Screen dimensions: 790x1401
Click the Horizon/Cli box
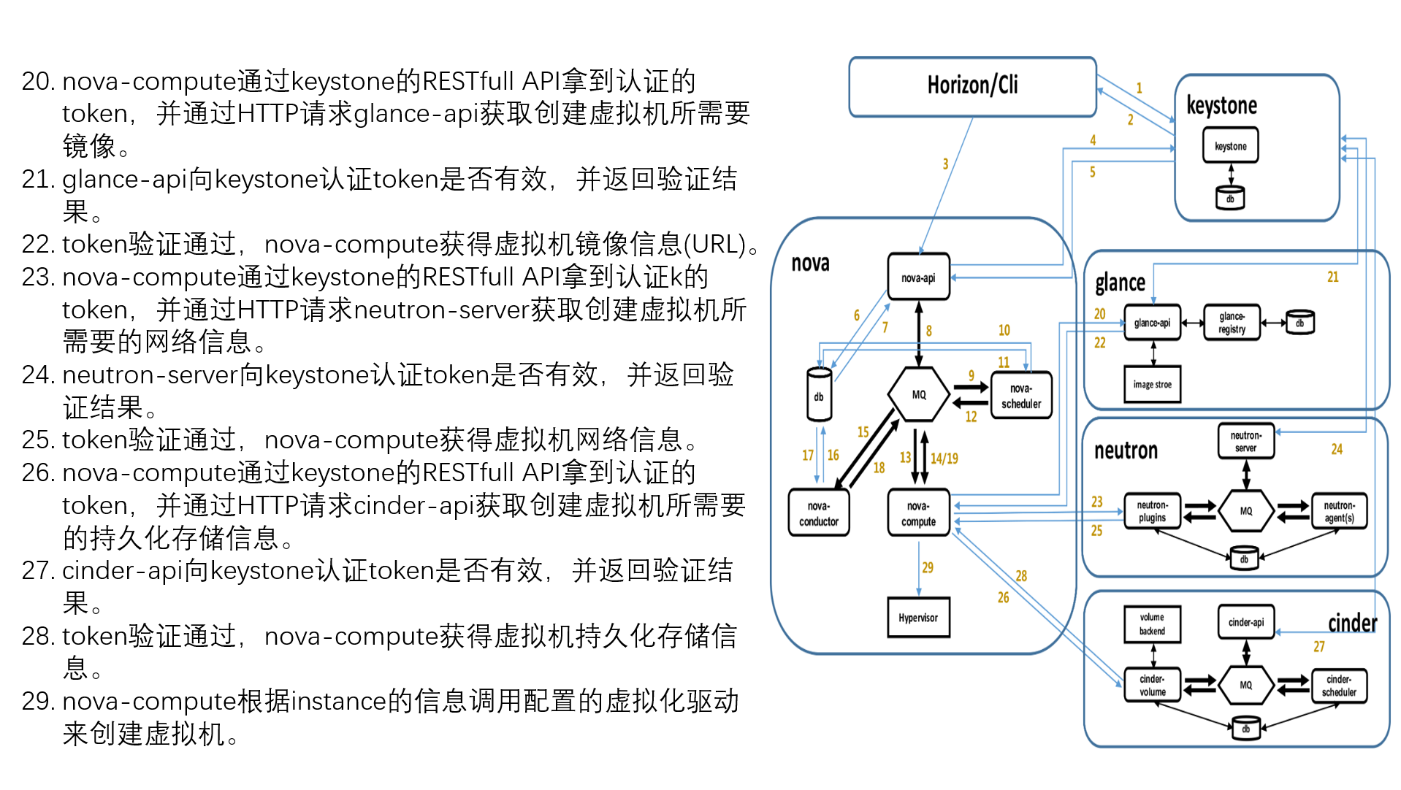971,86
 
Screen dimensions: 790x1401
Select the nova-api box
918,277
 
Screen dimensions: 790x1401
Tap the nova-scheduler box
1021,396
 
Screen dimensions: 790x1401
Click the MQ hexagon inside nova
919,395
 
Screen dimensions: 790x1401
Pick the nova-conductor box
818,514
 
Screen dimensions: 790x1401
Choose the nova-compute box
918,514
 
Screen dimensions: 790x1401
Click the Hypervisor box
918,618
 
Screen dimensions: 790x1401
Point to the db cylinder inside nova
819,395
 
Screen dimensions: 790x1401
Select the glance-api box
1152,323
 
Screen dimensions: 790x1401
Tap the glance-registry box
1232,323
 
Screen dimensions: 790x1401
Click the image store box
1152,384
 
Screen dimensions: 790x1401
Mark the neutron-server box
1245,441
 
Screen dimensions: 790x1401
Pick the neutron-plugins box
1152,511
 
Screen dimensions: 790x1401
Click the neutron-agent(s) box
1339,511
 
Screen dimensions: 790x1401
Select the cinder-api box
1245,622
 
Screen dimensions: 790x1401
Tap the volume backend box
1152,624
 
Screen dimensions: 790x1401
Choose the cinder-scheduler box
1339,686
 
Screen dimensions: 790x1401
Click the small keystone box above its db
1230,146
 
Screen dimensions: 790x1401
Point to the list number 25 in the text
38,440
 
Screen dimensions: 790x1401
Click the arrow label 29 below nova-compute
928,567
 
